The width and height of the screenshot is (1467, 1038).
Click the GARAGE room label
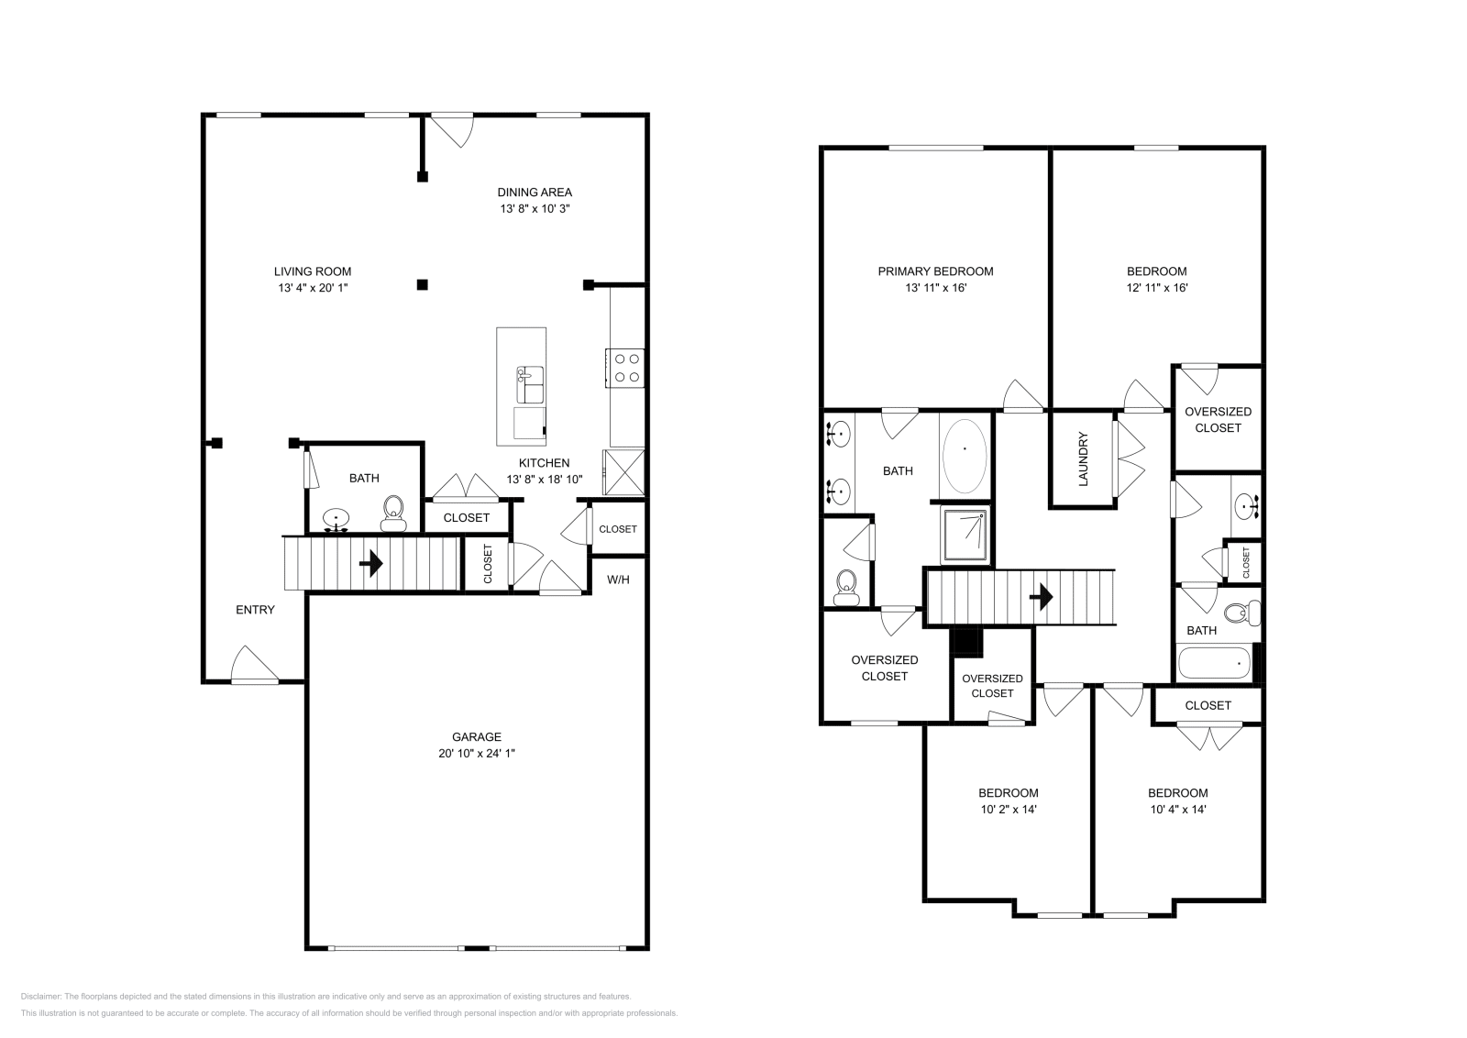476,736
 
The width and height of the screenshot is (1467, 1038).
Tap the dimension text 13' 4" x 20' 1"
314,288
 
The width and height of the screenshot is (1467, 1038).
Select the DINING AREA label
535,193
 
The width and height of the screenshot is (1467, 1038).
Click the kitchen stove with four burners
627,368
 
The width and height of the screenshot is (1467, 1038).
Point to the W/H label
618,580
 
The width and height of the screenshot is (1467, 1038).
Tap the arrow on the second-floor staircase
1041,598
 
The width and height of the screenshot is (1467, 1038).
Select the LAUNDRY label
1083,458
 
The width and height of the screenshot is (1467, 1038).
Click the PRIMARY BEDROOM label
935,271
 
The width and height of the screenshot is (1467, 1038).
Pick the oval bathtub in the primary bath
965,449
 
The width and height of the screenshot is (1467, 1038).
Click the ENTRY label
255,610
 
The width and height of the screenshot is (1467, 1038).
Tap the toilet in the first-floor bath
393,513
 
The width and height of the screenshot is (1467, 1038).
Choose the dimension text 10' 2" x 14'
1008,810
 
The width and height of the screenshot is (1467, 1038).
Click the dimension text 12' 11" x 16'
1156,288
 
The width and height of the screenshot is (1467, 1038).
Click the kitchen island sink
530,384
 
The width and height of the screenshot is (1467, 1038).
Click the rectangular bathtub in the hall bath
1214,663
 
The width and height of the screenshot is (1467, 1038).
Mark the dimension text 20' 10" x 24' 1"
476,753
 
